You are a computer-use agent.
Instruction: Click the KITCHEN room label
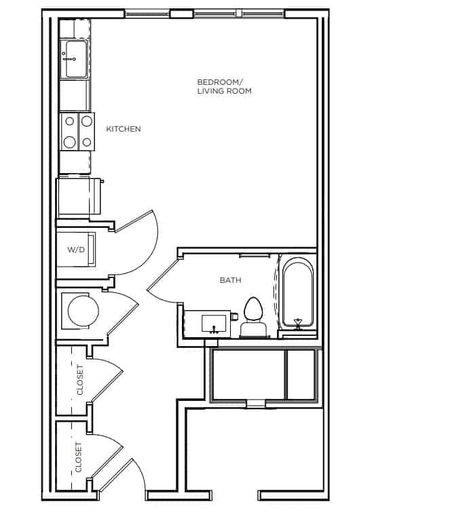pyautogui.click(x=124, y=129)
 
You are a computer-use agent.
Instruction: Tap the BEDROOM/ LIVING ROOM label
pyautogui.click(x=225, y=86)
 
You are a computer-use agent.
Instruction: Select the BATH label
pyautogui.click(x=230, y=280)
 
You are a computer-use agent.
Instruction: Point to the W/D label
pyautogui.click(x=76, y=249)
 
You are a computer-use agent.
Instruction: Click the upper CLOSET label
pyautogui.click(x=80, y=380)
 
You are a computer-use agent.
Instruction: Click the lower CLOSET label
pyautogui.click(x=79, y=457)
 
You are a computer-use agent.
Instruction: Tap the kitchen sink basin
pyautogui.click(x=76, y=59)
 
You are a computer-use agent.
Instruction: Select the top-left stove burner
pyautogui.click(x=69, y=121)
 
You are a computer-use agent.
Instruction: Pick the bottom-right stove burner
pyautogui.click(x=87, y=142)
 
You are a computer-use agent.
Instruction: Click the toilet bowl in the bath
pyautogui.click(x=253, y=309)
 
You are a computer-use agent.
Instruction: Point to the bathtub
pyautogui.click(x=297, y=292)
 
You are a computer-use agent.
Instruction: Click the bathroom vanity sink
pyautogui.click(x=214, y=324)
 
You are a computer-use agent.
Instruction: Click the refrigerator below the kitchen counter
pyautogui.click(x=79, y=197)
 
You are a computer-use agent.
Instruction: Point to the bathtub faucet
pyautogui.click(x=297, y=323)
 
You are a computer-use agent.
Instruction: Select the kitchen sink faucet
pyautogui.click(x=69, y=58)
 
